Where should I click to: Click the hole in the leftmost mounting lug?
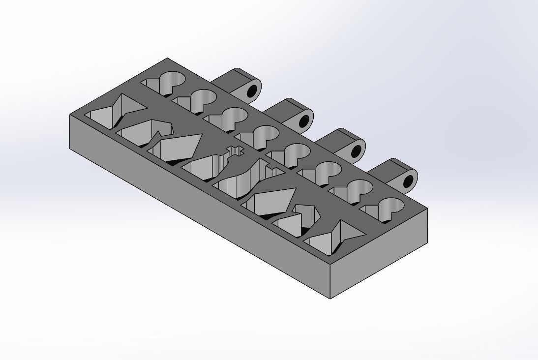pos(252,91)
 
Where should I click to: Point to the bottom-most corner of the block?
pos(330,299)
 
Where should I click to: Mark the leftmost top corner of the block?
pos(70,114)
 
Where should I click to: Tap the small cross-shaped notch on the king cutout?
pos(235,150)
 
